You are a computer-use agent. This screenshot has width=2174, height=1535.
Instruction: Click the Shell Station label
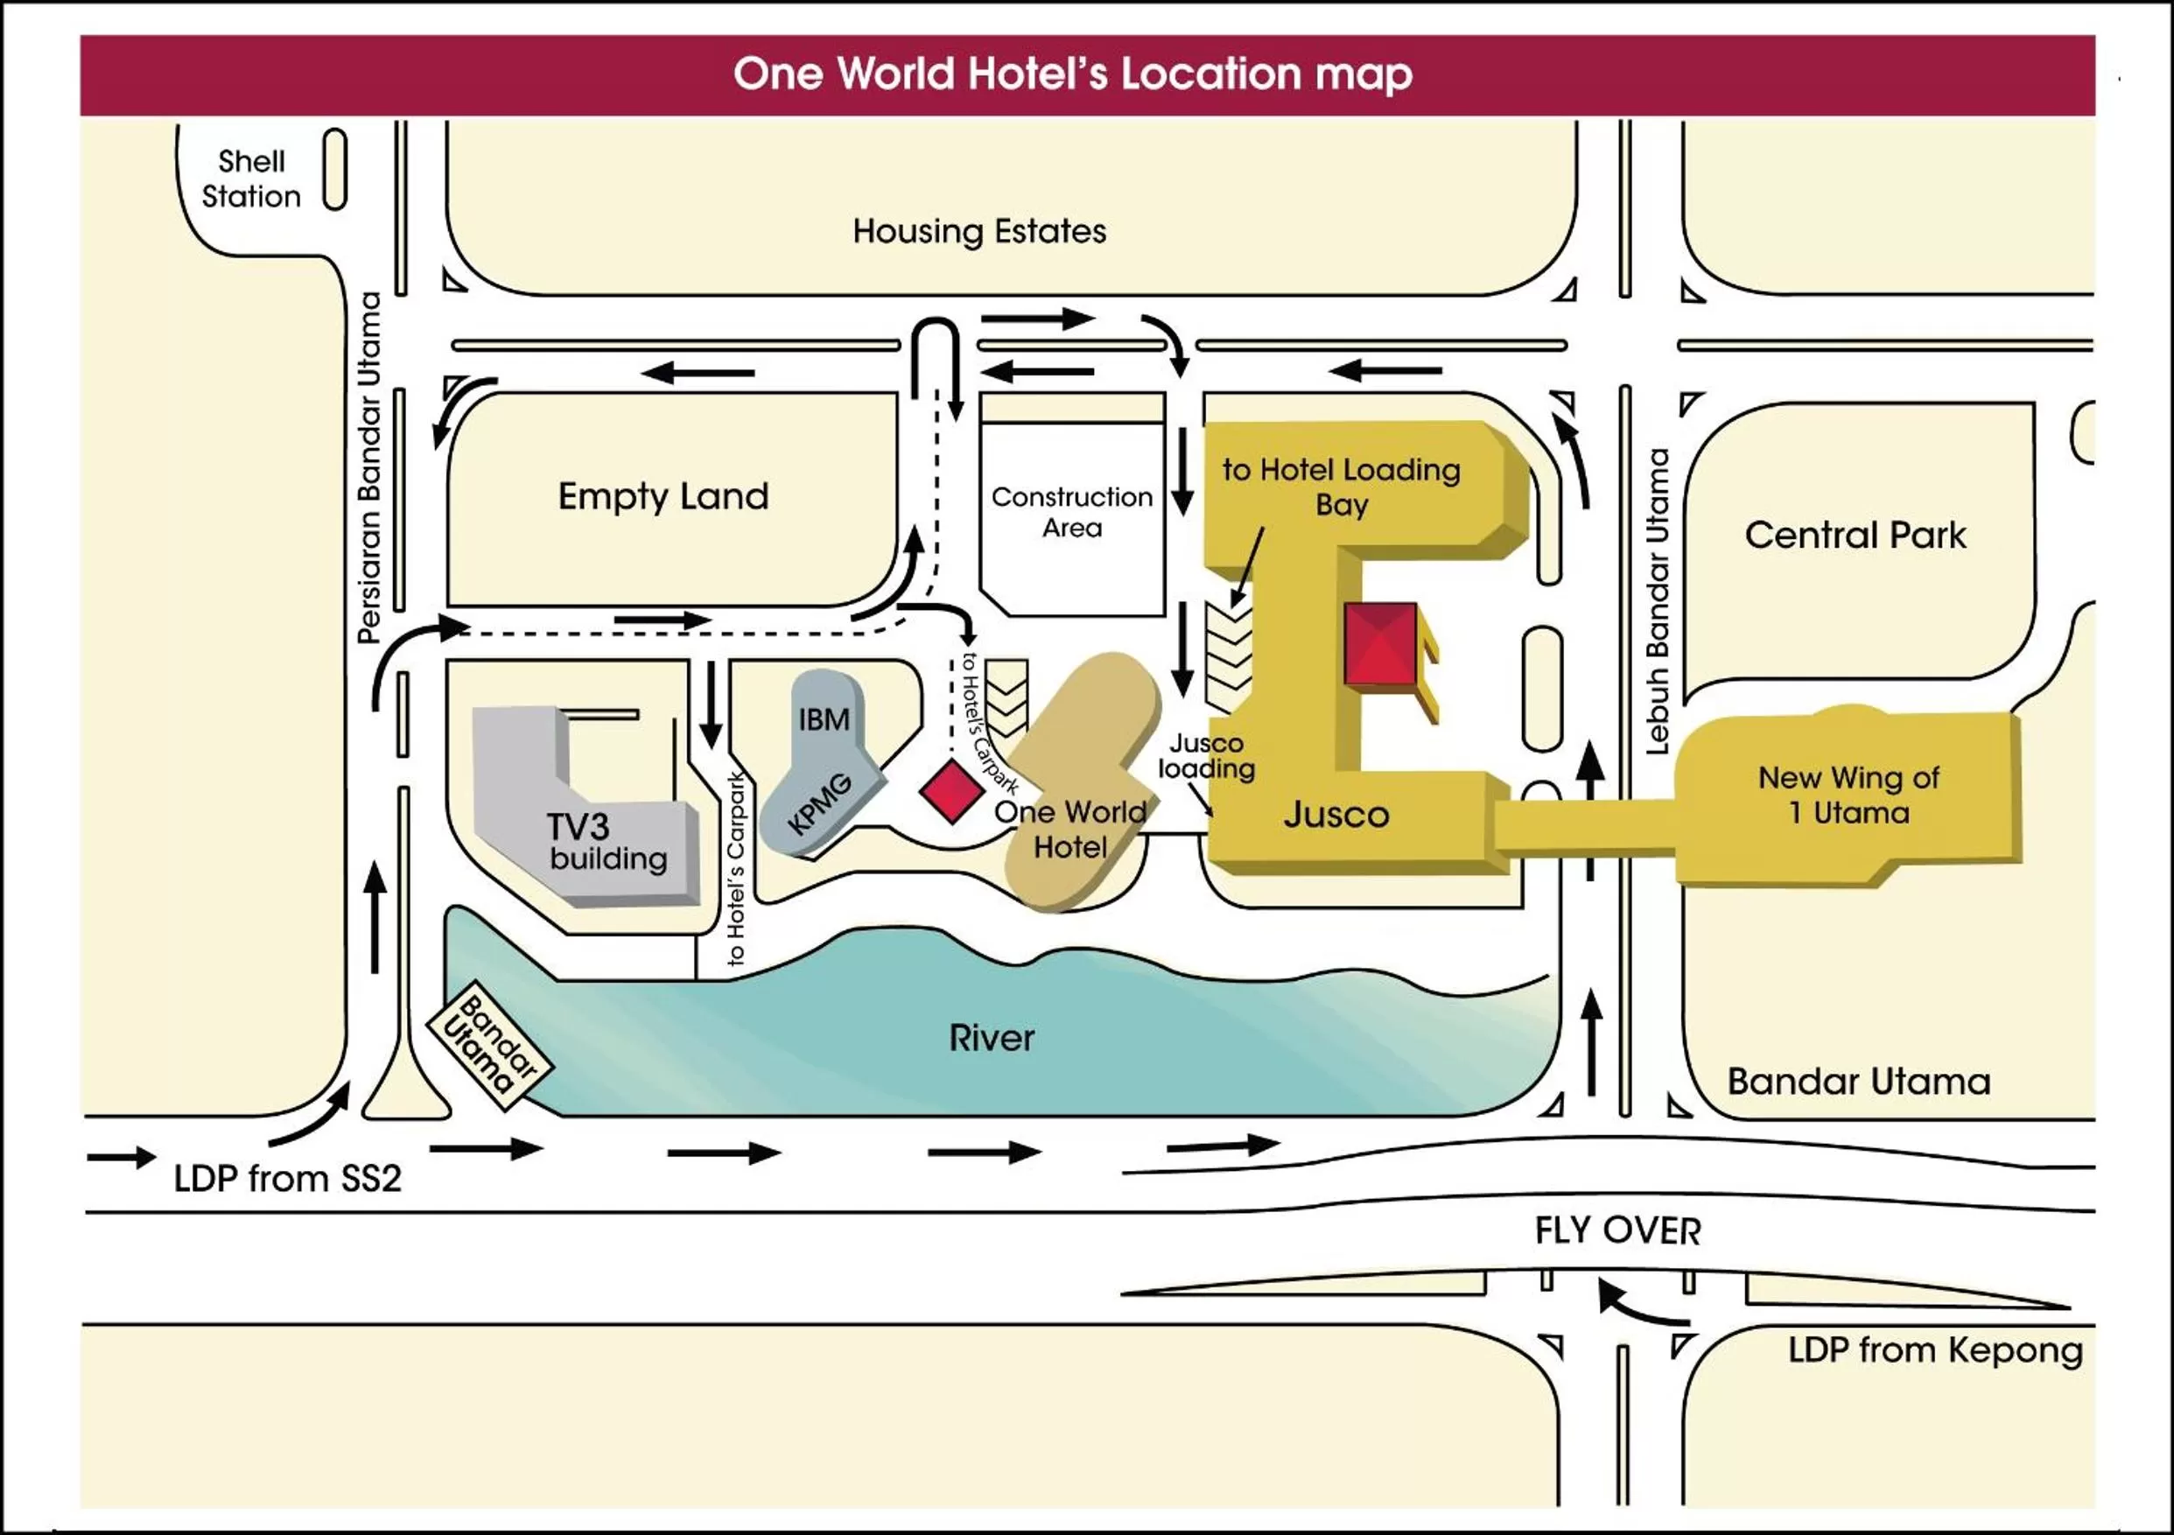(251, 179)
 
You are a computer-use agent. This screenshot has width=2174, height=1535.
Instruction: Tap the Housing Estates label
(979, 232)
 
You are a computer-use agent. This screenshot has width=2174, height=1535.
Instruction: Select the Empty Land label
(663, 496)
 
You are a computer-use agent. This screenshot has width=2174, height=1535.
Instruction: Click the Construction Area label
(1072, 511)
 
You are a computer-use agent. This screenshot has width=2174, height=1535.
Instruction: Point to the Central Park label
(1855, 536)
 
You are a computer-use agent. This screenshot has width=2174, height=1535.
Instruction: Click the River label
(992, 1039)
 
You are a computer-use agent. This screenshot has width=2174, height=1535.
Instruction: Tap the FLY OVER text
(1617, 1231)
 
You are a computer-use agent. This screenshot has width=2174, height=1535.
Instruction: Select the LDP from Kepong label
(1934, 1350)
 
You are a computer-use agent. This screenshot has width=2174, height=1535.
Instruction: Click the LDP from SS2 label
(288, 1179)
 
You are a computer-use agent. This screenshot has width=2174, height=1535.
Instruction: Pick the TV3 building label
(606, 842)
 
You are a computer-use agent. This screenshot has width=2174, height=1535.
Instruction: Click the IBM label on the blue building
(824, 719)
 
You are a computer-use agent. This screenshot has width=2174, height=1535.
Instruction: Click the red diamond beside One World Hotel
(951, 791)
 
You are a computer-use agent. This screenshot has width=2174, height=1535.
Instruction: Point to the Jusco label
(1336, 815)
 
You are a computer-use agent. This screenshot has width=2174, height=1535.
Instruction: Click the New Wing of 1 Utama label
(1848, 796)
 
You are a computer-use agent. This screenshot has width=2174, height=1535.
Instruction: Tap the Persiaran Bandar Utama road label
(369, 468)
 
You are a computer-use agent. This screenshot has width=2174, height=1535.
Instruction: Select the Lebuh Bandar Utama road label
(1657, 601)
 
